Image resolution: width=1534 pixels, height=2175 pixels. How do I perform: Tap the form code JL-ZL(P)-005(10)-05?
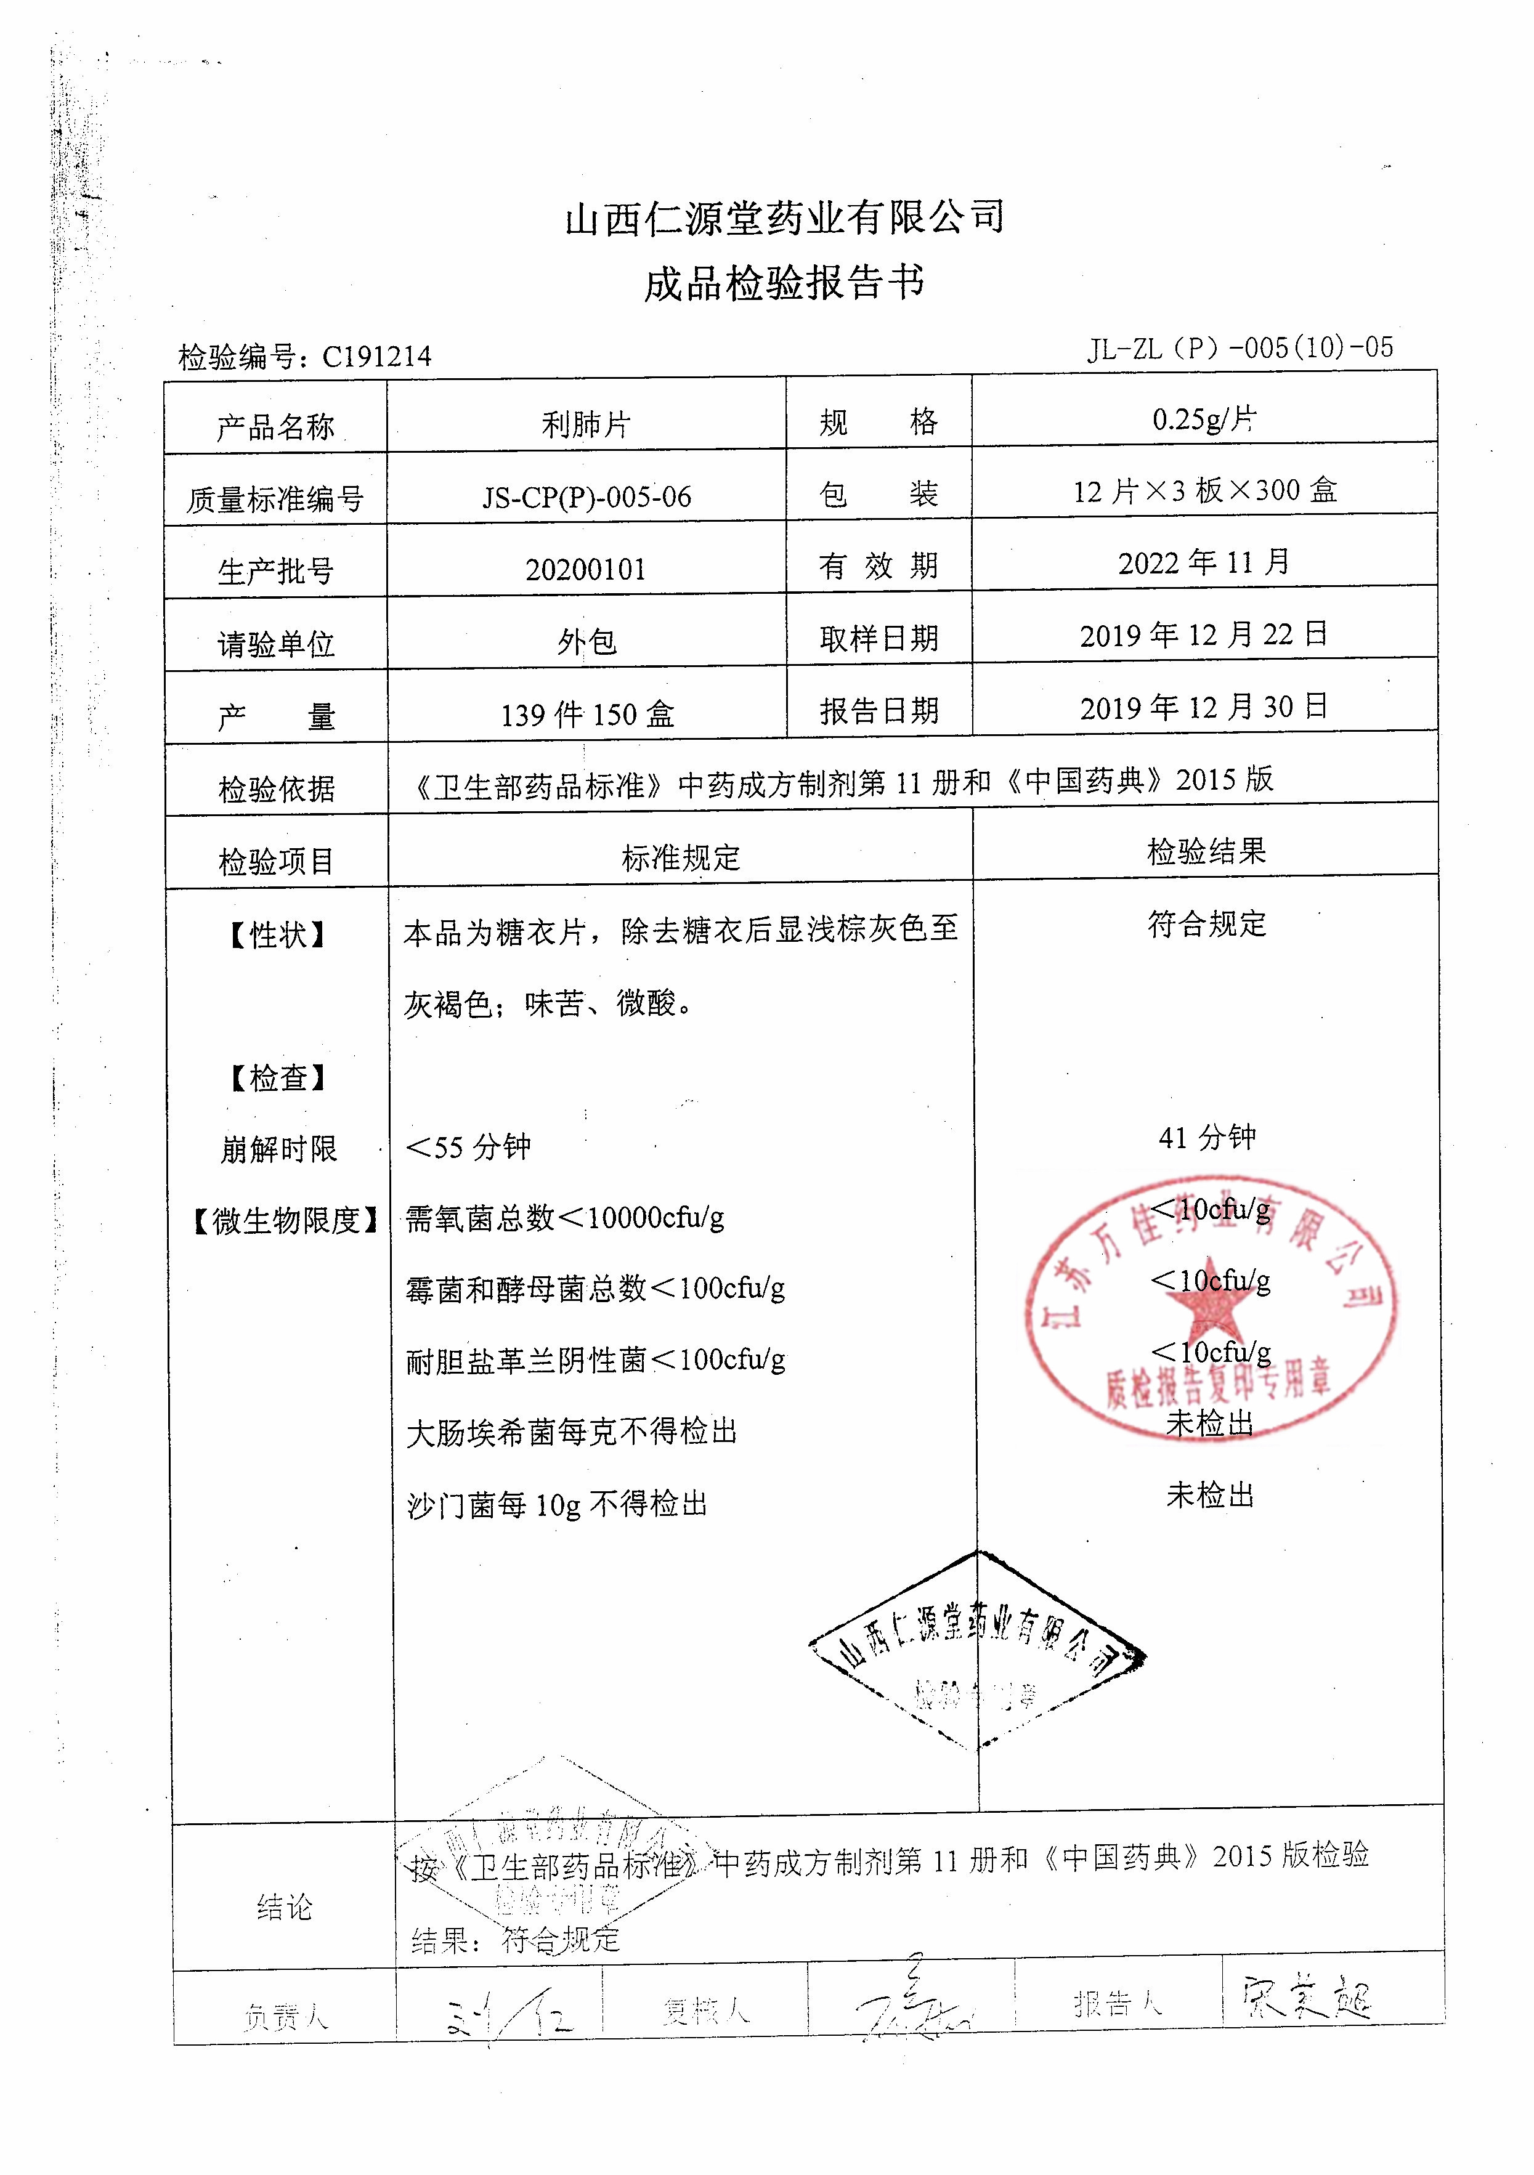click(x=1240, y=349)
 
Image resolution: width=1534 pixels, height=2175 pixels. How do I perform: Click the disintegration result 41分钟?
click(x=1206, y=1136)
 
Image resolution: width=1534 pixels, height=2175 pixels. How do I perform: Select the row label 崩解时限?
click(x=278, y=1149)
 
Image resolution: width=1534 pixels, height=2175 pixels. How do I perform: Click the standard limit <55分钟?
click(x=468, y=1147)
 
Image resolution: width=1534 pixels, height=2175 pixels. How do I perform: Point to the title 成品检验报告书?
click(x=784, y=282)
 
